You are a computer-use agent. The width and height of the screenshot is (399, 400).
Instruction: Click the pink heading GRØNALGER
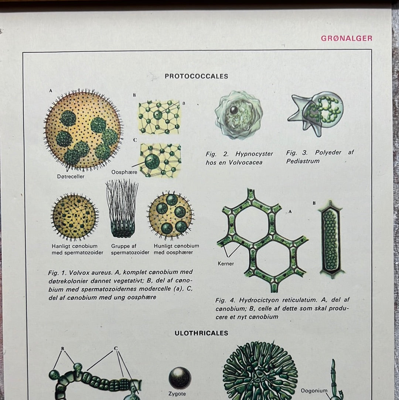pyautogui.click(x=346, y=38)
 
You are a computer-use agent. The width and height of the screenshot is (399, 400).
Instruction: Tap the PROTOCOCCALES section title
pyautogui.click(x=196, y=76)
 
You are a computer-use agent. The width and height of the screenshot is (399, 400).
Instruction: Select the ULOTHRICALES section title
pyautogui.click(x=201, y=333)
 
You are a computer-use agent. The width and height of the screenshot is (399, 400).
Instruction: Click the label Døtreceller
pyautogui.click(x=71, y=176)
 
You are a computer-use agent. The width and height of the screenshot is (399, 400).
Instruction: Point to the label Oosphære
pyautogui.click(x=124, y=172)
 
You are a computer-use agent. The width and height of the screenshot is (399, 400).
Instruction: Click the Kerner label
pyautogui.click(x=226, y=263)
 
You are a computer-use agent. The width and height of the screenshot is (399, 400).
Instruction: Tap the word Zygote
pyautogui.click(x=177, y=394)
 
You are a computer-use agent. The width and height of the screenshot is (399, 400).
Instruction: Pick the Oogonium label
pyautogui.click(x=314, y=390)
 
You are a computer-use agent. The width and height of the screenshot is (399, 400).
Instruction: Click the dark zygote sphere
pyautogui.click(x=180, y=378)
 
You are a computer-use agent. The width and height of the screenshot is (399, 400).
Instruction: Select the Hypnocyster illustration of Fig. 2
pyautogui.click(x=239, y=115)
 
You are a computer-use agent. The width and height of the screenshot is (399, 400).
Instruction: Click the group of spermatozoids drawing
pyautogui.click(x=122, y=208)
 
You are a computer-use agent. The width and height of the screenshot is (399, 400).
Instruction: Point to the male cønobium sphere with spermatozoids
pyautogui.click(x=75, y=217)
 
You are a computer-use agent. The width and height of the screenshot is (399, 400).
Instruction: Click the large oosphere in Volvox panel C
pyautogui.click(x=152, y=161)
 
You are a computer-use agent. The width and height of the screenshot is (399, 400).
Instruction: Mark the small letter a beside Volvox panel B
pyautogui.click(x=184, y=103)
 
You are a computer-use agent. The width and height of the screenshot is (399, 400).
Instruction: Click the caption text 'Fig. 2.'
pyautogui.click(x=217, y=154)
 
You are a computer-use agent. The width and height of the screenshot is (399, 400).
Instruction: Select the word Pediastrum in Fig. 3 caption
pyautogui.click(x=303, y=161)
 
